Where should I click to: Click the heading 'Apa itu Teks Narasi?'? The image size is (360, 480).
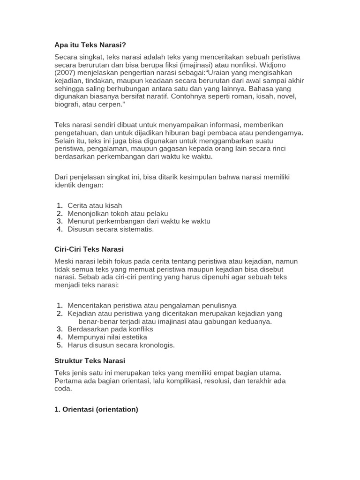(90, 45)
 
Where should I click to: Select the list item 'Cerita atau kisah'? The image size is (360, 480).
(95, 205)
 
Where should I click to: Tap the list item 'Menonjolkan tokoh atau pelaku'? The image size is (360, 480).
(118, 213)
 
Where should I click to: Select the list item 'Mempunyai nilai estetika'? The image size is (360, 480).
(107, 337)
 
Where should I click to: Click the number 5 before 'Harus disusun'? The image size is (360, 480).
(60, 345)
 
